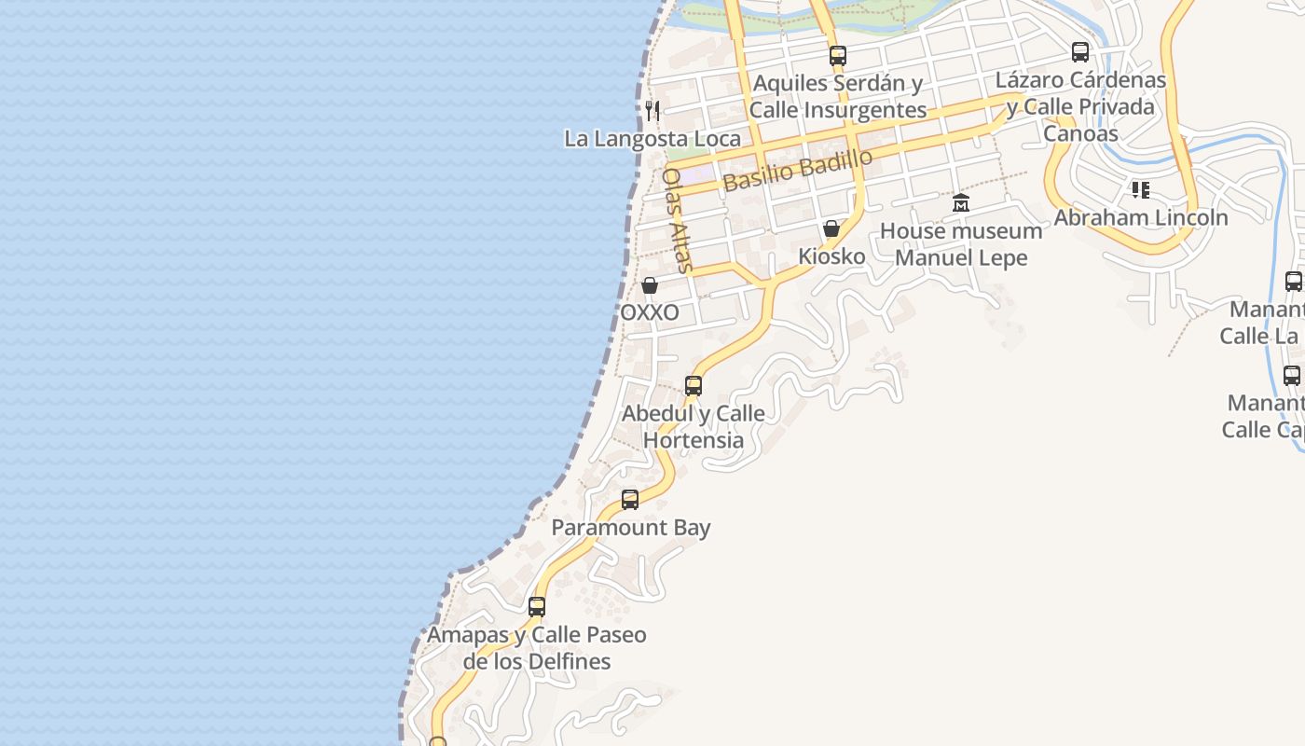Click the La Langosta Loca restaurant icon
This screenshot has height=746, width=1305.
pyautogui.click(x=652, y=111)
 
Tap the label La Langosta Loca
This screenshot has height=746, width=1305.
pyautogui.click(x=652, y=139)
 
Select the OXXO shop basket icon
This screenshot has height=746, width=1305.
pyautogui.click(x=650, y=285)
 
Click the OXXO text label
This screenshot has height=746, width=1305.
pyautogui.click(x=650, y=312)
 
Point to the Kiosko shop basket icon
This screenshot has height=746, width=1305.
pyautogui.click(x=831, y=228)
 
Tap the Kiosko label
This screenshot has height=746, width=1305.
pyautogui.click(x=831, y=256)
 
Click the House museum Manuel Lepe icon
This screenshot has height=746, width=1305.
pyautogui.click(x=961, y=203)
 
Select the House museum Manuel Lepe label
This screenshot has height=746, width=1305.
pyautogui.click(x=961, y=243)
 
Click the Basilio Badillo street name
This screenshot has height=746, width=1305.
pyautogui.click(x=797, y=170)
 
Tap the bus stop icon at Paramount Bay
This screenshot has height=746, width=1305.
pyautogui.click(x=630, y=500)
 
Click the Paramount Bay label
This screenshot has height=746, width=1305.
pyautogui.click(x=630, y=527)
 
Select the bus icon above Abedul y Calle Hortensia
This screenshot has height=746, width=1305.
pyautogui.click(x=694, y=386)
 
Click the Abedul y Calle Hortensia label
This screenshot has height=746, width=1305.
pyautogui.click(x=694, y=426)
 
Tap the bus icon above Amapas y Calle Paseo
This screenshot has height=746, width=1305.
pyautogui.click(x=537, y=607)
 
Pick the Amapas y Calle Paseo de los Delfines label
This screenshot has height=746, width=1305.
pyautogui.click(x=537, y=648)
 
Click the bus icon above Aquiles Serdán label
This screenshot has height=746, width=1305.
pyautogui.click(x=838, y=56)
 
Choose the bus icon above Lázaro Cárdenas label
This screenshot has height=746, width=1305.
pyautogui.click(x=1080, y=52)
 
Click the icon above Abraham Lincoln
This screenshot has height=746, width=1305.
pyautogui.click(x=1140, y=190)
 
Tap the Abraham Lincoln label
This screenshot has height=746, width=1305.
pyautogui.click(x=1140, y=217)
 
